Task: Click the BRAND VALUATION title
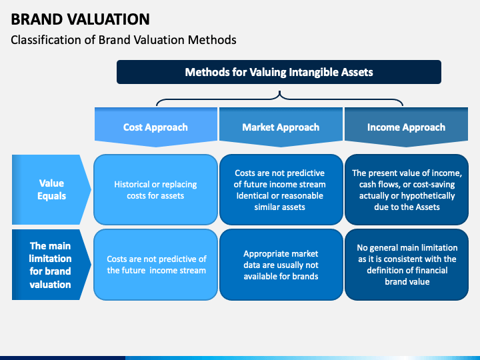(80, 19)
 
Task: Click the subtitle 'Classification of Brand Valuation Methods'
(123, 40)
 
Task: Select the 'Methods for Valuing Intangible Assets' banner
(279, 72)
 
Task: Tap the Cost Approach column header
(156, 127)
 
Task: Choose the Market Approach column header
(281, 127)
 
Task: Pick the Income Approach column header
(406, 127)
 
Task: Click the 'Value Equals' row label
(51, 189)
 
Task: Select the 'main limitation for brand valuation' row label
(51, 265)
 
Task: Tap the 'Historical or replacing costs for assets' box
(155, 190)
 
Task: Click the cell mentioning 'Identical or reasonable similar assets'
(281, 190)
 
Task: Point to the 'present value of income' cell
(407, 190)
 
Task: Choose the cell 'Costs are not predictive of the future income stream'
(155, 265)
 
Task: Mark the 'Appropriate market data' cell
(281, 265)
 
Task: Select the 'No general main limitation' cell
(407, 265)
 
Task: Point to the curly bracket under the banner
(279, 99)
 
